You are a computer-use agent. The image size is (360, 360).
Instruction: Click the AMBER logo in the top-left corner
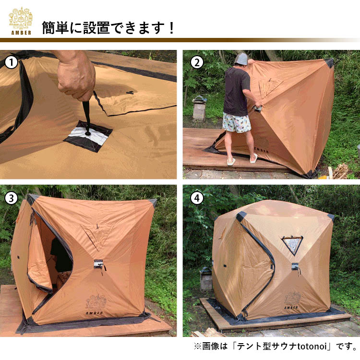tap(20, 21)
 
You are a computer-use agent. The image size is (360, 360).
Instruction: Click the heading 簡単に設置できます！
tap(108, 28)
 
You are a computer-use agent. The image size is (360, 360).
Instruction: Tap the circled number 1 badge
tap(12, 62)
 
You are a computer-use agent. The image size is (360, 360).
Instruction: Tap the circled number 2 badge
tap(196, 62)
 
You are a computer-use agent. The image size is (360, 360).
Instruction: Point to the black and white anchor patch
tap(88, 136)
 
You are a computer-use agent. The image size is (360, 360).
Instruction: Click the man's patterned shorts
tap(237, 122)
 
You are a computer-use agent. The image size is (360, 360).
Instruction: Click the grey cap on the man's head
tap(242, 59)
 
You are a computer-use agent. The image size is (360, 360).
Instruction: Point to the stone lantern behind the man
tap(199, 108)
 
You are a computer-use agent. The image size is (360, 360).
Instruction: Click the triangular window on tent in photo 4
tap(292, 245)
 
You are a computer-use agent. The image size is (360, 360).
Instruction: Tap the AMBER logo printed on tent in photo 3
tap(94, 303)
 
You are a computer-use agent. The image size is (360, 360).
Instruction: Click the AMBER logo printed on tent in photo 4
tap(291, 300)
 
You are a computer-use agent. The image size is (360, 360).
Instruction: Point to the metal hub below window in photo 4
tap(295, 266)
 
